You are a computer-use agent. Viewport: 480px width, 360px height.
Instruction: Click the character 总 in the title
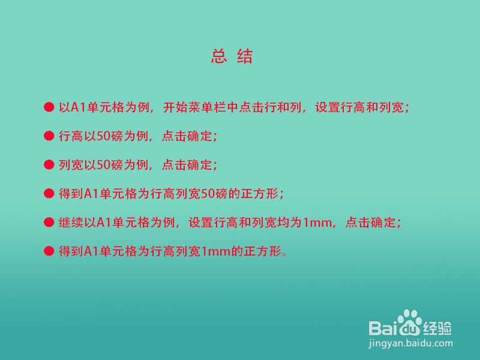click(x=219, y=56)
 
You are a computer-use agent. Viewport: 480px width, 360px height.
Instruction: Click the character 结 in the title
click(x=245, y=56)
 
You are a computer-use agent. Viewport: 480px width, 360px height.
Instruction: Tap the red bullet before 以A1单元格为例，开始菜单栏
click(x=49, y=107)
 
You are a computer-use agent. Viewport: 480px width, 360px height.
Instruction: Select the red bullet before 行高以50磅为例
click(x=49, y=136)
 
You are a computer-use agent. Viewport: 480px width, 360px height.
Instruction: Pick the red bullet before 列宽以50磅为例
click(x=49, y=164)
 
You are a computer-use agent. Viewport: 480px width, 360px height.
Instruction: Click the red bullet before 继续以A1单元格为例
click(x=49, y=222)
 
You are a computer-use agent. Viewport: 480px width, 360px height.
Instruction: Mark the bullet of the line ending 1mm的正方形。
click(x=49, y=251)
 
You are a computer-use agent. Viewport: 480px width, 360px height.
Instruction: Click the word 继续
click(x=71, y=222)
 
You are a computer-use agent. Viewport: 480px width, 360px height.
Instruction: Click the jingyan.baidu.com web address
click(x=410, y=343)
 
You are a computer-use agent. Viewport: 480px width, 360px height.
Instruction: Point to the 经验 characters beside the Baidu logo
click(x=437, y=328)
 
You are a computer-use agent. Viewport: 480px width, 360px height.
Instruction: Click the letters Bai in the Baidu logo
click(x=383, y=327)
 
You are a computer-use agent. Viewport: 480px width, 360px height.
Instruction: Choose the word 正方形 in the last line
click(x=262, y=251)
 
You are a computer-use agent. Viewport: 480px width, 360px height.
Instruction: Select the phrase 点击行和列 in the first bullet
click(x=270, y=107)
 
